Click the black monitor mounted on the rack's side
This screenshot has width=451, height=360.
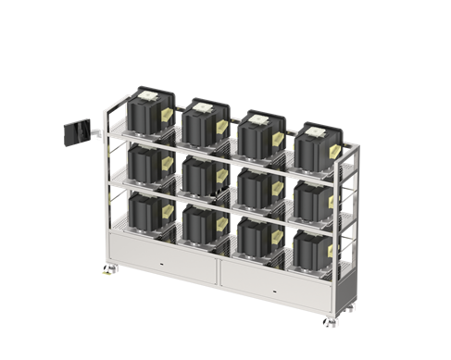(72, 133)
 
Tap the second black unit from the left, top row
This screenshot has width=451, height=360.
(202, 121)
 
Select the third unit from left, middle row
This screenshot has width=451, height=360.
(253, 185)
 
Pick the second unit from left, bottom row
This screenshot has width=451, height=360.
(200, 223)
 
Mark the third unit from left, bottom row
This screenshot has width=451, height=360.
(254, 235)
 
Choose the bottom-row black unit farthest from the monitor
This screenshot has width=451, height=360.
(310, 248)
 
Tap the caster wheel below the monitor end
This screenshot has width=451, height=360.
(105, 270)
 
